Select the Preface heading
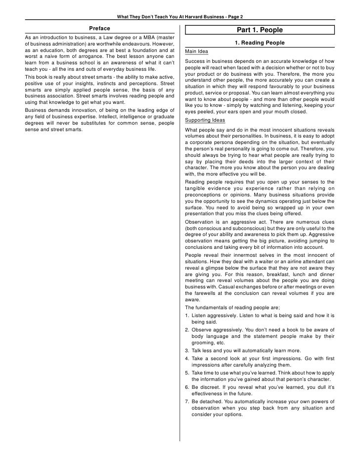click(99, 28)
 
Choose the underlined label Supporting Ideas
click(205, 121)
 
